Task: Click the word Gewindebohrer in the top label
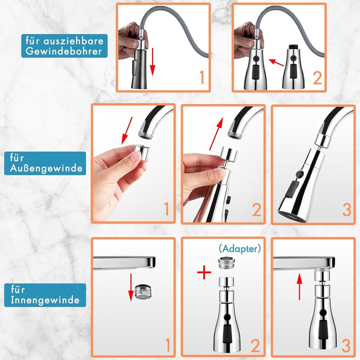point(63,51)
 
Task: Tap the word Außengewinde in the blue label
point(46,168)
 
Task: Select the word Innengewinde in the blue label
point(45,300)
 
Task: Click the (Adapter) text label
point(240,248)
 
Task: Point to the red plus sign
point(204,272)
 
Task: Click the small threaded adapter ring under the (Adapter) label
point(226,263)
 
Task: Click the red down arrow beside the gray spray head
point(153,62)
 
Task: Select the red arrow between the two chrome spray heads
point(276,63)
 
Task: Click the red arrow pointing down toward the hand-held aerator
point(127,130)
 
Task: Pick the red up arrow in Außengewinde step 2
point(216,134)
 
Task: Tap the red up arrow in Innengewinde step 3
point(299,287)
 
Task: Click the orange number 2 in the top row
point(317,78)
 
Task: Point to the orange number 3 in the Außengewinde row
point(346,210)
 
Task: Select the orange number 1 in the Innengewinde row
point(168,345)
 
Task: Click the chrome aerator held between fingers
point(142,153)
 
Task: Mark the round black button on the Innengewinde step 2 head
point(228,317)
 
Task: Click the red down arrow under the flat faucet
point(131,287)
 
